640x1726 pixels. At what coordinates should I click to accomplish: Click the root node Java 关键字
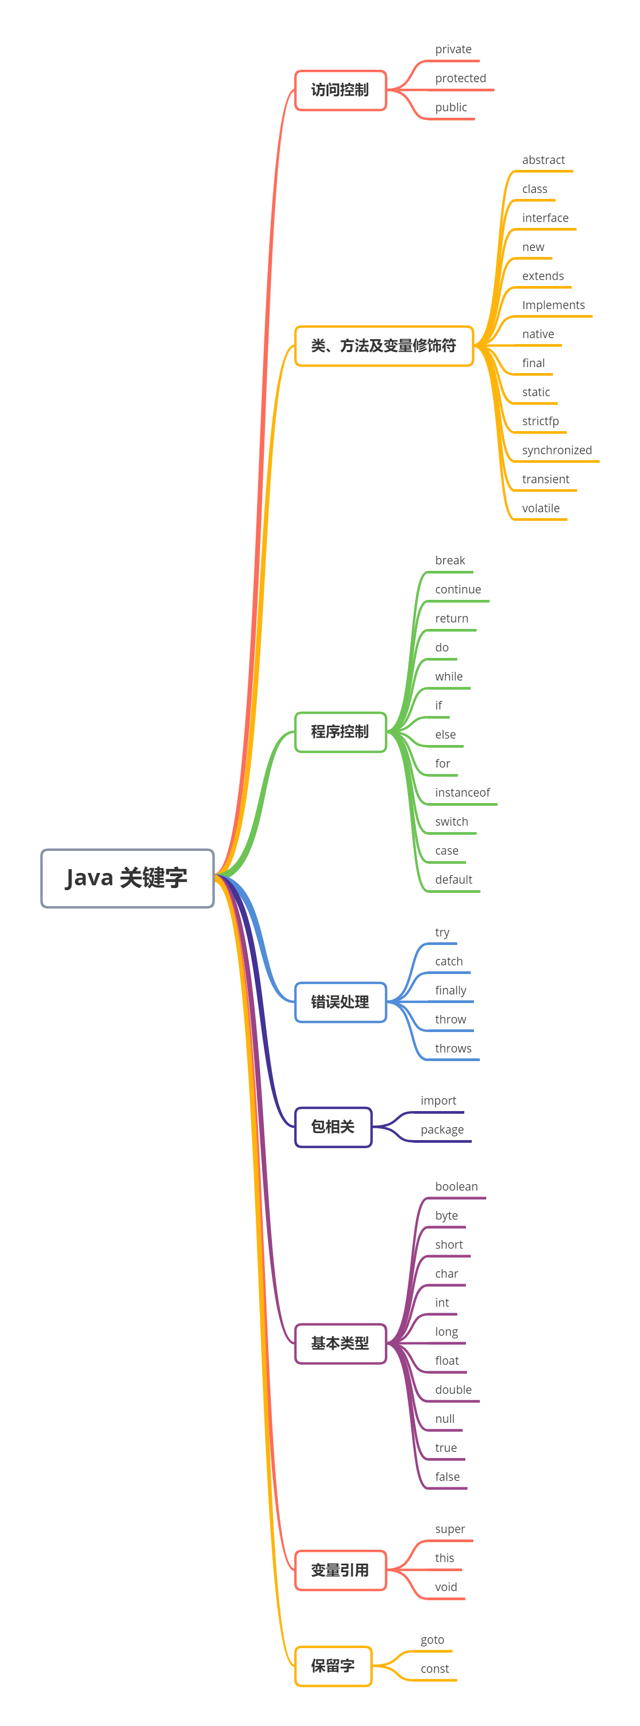click(x=127, y=878)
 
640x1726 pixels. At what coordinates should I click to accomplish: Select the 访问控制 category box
click(x=341, y=90)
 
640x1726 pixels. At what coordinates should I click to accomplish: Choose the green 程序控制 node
click(x=341, y=732)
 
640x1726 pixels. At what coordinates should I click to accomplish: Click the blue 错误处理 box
click(x=341, y=1002)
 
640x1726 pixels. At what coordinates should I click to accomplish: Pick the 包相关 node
click(x=333, y=1126)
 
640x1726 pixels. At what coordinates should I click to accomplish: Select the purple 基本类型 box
click(x=341, y=1343)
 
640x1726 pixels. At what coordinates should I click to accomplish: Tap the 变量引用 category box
click(x=341, y=1570)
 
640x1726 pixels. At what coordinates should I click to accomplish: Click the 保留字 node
click(x=333, y=1666)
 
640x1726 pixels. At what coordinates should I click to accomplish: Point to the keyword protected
click(x=461, y=78)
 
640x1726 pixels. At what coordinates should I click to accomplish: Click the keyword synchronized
click(x=556, y=450)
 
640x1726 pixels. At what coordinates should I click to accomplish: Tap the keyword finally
click(x=450, y=990)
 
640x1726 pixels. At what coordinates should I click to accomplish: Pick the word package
click(x=442, y=1130)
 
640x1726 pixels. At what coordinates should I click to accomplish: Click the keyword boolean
click(x=456, y=1187)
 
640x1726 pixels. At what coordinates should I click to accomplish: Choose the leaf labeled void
click(x=445, y=1587)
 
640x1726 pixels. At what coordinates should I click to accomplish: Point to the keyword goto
click(x=432, y=1639)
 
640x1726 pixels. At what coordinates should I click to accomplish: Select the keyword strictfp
click(x=540, y=421)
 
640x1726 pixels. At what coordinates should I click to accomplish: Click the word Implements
click(x=553, y=305)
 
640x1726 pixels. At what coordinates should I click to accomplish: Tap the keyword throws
click(x=453, y=1049)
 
